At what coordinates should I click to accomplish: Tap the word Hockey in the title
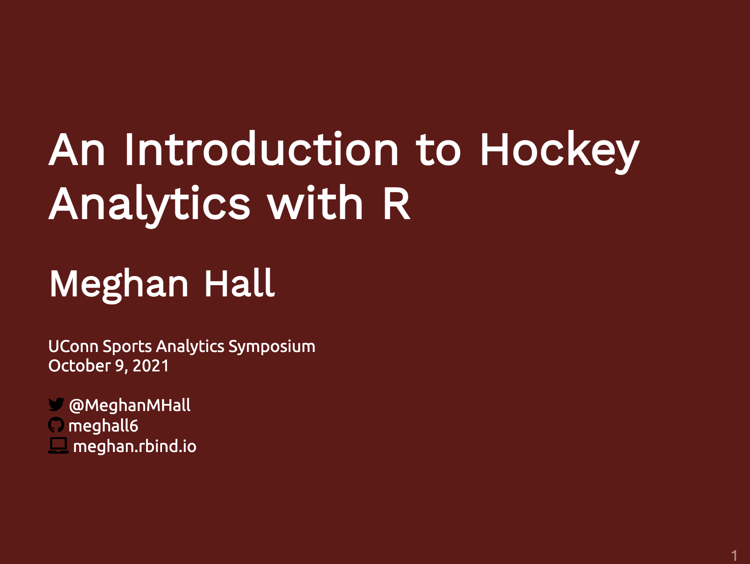coord(560,152)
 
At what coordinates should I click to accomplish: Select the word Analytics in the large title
coord(149,206)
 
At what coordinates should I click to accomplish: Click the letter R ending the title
coord(397,204)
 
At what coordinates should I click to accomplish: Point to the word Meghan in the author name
coord(119,285)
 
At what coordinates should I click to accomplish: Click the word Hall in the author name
coord(240,283)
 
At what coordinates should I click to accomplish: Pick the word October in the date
coord(80,366)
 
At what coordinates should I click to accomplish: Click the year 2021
coord(151,366)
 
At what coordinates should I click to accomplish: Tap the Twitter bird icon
coord(56,404)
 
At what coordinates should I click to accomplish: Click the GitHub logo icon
coord(56,425)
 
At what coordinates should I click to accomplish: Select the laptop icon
coord(58,446)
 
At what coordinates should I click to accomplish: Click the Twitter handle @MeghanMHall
coord(130,405)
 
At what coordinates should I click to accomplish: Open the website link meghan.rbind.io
coord(134,446)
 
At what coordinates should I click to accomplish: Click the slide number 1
coord(734,556)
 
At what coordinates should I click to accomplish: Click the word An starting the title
coord(77,150)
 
